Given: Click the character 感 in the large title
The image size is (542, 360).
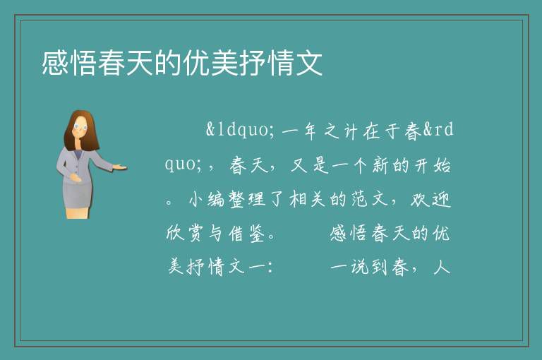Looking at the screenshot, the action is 55,63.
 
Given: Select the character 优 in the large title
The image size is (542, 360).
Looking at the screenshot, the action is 196,63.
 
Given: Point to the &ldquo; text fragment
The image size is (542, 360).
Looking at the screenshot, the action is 240,131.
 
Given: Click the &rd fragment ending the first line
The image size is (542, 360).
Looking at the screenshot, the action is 438,130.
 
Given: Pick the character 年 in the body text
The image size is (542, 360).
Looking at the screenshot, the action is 310,131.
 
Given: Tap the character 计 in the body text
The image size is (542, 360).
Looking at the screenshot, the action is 350,131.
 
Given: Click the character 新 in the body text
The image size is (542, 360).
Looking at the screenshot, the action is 380,165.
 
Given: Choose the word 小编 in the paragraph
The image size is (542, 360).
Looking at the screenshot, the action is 206,200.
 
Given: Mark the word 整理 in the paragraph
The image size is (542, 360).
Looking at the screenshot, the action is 247,200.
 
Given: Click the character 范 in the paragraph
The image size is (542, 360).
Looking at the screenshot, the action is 359,200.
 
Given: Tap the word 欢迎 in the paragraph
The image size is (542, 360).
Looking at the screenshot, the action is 430,200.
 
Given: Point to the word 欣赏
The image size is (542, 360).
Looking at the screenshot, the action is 184,234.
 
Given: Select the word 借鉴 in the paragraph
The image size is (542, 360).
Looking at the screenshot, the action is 247,234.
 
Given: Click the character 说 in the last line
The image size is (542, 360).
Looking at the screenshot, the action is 359,268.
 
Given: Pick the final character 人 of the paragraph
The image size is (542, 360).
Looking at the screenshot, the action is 441,268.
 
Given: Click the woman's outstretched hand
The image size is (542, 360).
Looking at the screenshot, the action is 119,167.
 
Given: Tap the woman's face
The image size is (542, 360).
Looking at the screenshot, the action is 81,128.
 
